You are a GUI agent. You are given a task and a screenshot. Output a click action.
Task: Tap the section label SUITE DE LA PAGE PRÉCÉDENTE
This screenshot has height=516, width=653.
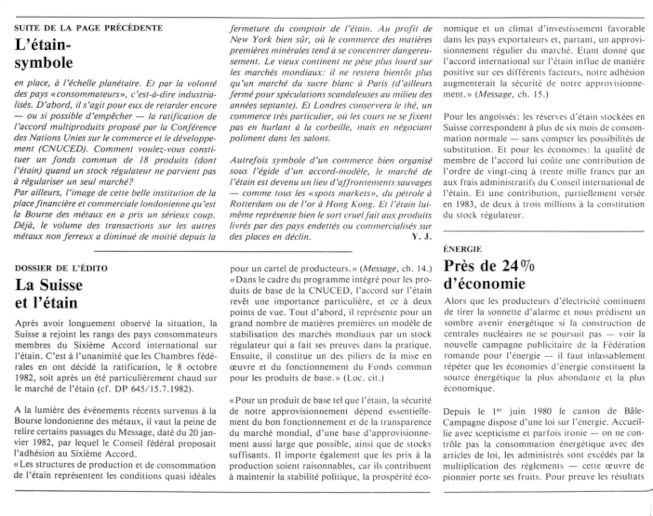[x=88, y=28]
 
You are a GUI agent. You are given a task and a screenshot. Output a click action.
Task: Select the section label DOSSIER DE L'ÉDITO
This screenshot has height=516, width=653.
[x=61, y=268]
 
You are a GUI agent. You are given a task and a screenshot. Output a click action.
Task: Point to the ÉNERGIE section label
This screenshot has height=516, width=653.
[x=462, y=249]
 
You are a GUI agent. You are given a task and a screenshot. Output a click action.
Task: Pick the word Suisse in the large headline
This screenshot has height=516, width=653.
[x=61, y=285]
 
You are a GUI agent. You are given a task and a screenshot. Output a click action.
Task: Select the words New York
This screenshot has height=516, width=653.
[x=250, y=40]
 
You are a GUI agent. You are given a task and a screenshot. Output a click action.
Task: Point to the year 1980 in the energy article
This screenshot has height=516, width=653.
[x=542, y=411]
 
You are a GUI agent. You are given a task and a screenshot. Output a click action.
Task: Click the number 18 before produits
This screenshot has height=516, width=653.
[x=140, y=160]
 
